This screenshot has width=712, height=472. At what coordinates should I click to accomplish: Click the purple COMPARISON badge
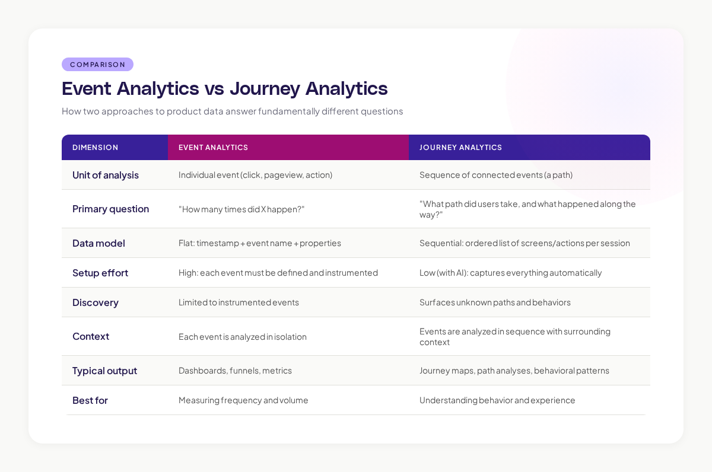(97, 65)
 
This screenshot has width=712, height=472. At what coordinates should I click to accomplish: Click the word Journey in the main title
(264, 88)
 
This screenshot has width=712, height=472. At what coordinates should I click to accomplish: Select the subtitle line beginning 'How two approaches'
(232, 111)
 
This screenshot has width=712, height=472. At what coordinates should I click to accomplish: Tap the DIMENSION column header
(95, 148)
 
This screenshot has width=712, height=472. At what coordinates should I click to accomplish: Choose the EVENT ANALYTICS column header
(213, 148)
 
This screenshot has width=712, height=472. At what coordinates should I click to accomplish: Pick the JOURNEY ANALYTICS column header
(460, 148)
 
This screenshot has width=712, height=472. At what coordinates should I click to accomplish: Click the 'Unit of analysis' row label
(106, 175)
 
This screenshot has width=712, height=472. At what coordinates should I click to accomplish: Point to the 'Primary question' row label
(110, 209)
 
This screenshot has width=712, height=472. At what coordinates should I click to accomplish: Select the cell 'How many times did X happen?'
(241, 209)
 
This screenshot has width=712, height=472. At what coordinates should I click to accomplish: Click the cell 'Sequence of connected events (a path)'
(495, 175)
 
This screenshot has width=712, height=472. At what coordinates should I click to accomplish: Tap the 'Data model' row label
(98, 243)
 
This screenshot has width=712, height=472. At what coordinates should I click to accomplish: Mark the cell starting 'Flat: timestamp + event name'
(259, 243)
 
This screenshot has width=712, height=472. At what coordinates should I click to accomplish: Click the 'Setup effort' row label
(100, 273)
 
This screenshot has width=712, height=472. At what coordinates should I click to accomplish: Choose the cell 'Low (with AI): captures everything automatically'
(510, 273)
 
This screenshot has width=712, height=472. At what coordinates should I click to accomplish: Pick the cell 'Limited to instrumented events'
(239, 302)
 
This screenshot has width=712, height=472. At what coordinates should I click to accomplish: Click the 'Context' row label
(91, 336)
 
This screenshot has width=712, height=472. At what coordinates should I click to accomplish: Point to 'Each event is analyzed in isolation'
(242, 337)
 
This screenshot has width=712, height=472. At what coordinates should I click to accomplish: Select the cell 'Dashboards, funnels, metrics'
(235, 371)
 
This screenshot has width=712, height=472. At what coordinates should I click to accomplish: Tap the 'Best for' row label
(90, 400)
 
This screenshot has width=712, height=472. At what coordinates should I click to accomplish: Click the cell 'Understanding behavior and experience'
(497, 400)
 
